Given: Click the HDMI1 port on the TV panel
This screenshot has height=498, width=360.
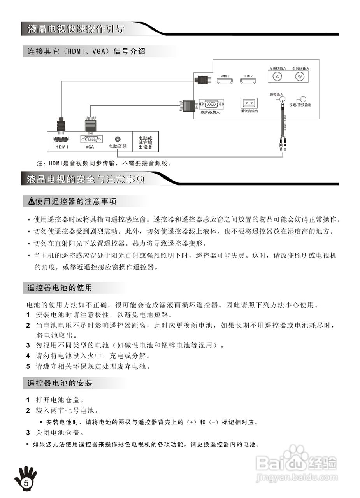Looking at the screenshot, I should tap(224, 81).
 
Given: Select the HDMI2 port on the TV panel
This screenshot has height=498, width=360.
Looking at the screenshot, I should tap(248, 81).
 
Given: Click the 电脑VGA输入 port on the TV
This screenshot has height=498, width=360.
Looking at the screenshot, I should tap(211, 104).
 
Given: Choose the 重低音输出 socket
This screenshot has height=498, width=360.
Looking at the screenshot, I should tap(249, 103).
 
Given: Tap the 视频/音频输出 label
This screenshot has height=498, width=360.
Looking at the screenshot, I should tap(300, 105).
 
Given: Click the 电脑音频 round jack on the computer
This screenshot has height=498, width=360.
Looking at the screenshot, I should tap(118, 139).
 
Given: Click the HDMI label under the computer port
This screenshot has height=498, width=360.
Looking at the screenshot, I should tap(61, 147).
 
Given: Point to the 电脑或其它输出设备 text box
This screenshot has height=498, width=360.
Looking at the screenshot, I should tap(145, 143).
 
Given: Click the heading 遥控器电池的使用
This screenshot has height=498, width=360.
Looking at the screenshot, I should tap(60, 288).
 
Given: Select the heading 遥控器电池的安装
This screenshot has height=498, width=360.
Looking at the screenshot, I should tap(60, 383).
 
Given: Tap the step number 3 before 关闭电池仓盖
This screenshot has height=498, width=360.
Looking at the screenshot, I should tap(28, 432).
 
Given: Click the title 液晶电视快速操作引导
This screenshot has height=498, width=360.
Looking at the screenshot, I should tap(76, 29).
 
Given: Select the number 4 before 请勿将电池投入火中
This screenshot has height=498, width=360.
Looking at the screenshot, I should tap(28, 356).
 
